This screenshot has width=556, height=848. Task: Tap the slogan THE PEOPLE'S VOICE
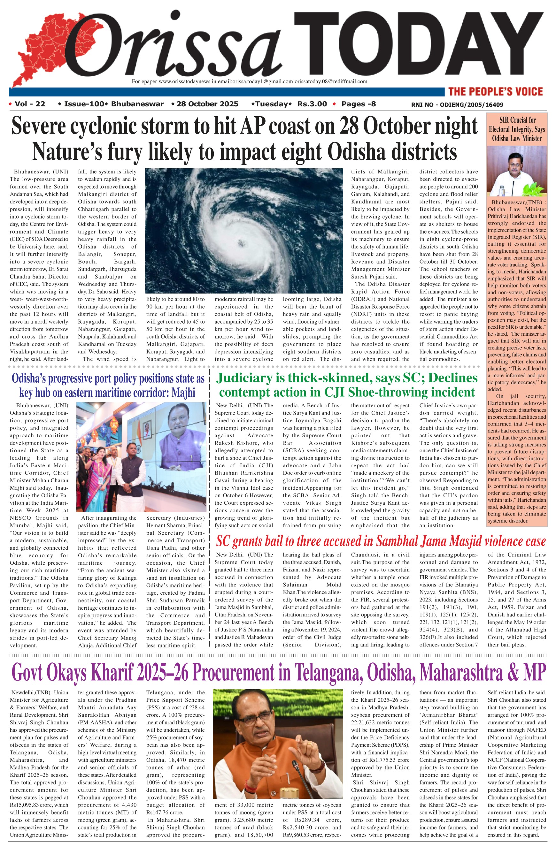coord(495,92)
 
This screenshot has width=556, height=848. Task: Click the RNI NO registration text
coord(457,105)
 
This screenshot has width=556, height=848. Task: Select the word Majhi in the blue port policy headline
coord(183,393)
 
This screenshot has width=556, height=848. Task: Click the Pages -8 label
coord(358,104)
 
